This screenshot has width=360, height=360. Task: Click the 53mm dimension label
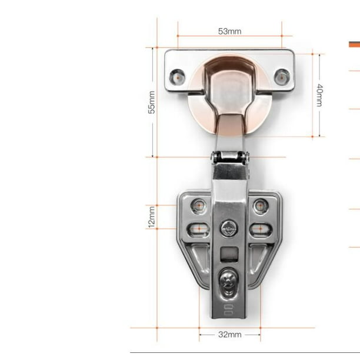(229, 31)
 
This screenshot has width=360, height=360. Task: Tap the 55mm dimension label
(152, 102)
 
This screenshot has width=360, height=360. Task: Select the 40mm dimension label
(319, 95)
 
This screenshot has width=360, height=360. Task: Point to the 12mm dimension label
(152, 217)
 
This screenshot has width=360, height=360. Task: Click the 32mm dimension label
(230, 335)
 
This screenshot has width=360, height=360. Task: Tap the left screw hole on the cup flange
(177, 76)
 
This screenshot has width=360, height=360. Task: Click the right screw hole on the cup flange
(282, 76)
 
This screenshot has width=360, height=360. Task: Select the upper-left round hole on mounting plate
(199, 206)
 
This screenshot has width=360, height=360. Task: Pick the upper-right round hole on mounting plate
(261, 206)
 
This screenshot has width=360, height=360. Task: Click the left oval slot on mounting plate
(199, 229)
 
